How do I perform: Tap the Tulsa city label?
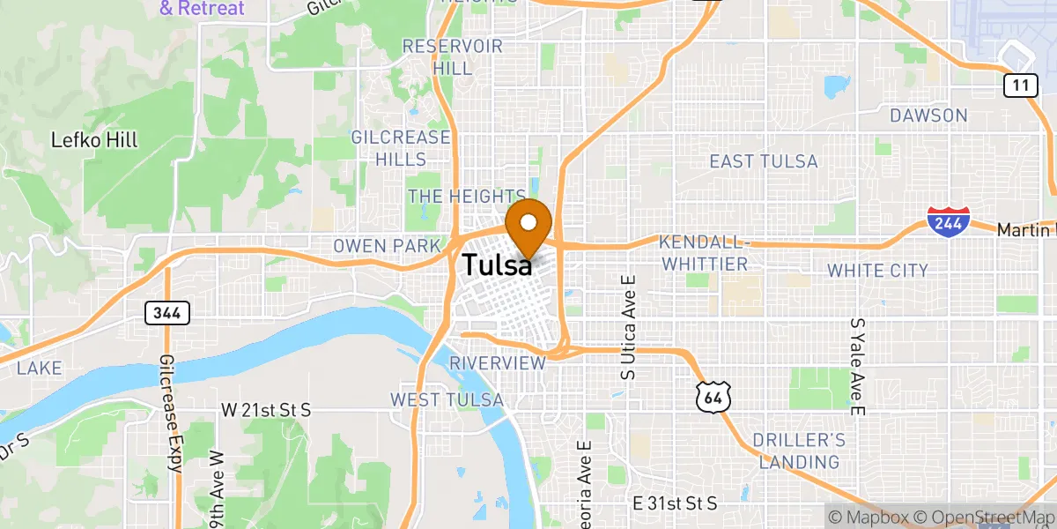497,264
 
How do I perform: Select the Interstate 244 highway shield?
949,220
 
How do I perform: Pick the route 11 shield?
1018,86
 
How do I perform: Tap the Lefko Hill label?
94,140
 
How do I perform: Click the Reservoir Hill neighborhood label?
452,56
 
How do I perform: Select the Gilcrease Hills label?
401,148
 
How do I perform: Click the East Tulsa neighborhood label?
764,161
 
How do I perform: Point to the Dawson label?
928,115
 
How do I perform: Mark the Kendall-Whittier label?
703,253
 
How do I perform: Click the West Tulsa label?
447,400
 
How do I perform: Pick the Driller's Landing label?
799,451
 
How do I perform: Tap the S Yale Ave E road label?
855,366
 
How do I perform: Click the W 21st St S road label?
265,410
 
